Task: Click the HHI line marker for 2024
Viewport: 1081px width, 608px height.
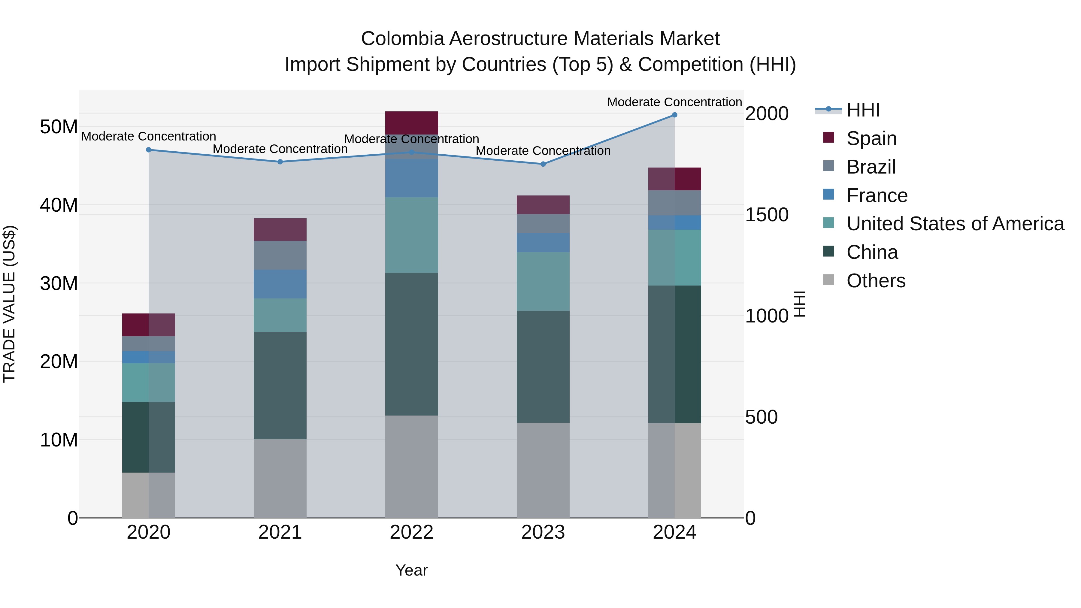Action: pos(674,115)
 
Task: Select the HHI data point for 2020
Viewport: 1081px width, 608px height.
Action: pos(149,150)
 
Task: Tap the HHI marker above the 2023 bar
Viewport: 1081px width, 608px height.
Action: pos(543,164)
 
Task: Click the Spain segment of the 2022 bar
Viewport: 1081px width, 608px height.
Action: pos(411,123)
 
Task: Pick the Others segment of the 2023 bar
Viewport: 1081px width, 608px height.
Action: pos(543,470)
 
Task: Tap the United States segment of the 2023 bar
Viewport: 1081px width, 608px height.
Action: pos(543,281)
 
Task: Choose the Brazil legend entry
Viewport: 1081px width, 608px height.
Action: pos(871,167)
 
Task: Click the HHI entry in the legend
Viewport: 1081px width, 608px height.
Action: pos(863,110)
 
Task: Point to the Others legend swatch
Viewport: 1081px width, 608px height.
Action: pos(828,280)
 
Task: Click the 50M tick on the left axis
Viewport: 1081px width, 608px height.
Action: pos(59,127)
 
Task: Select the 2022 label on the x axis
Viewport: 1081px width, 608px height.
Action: pos(411,532)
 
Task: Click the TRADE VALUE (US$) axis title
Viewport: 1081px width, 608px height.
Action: pos(10,304)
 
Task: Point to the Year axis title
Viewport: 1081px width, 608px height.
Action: pos(411,570)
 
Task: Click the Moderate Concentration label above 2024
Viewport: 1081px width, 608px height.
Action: pos(674,102)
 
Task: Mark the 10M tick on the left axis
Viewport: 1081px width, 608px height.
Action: pos(59,440)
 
